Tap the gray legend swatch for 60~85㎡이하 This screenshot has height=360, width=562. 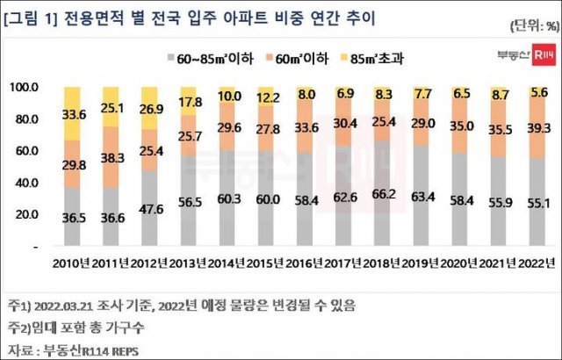click(x=167, y=57)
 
